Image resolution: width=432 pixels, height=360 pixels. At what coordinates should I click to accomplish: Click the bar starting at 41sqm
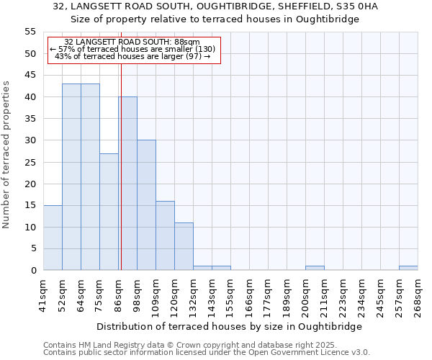pyautogui.click(x=53, y=238)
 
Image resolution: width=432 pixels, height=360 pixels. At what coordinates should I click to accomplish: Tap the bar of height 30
pyautogui.click(x=146, y=205)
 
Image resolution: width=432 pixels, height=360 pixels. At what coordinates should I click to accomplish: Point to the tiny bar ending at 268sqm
pyautogui.click(x=408, y=268)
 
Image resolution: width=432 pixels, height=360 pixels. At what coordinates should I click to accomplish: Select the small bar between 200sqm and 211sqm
pyautogui.click(x=315, y=268)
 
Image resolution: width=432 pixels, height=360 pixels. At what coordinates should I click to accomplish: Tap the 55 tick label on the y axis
pyautogui.click(x=30, y=32)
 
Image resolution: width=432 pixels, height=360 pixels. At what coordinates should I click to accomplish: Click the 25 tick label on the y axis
pyautogui.click(x=30, y=162)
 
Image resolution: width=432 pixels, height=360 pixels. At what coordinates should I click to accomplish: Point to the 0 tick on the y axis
pyautogui.click(x=33, y=270)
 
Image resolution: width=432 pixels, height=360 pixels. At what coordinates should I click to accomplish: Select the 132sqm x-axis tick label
pyautogui.click(x=193, y=296)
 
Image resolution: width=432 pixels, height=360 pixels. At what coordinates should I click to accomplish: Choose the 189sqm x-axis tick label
pyautogui.click(x=287, y=296)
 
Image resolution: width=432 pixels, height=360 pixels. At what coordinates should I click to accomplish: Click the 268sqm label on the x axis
pyautogui.click(x=418, y=296)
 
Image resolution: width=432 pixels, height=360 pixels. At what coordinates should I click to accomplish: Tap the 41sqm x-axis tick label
pyautogui.click(x=43, y=296)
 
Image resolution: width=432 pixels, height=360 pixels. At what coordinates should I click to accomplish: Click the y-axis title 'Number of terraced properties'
pyautogui.click(x=7, y=155)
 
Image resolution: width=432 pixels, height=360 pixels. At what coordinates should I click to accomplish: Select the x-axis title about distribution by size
pyautogui.click(x=228, y=326)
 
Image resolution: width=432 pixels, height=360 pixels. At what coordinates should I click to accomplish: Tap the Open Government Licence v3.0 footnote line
pyautogui.click(x=207, y=352)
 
